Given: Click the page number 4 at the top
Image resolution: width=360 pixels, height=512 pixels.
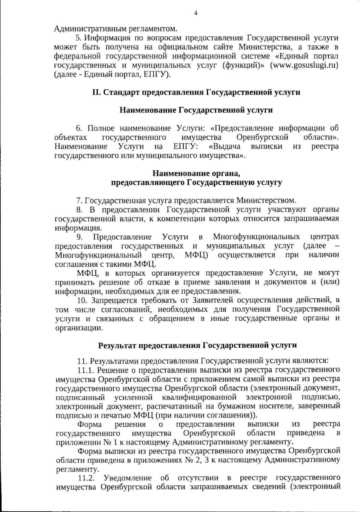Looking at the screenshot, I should pyautogui.click(x=196, y=13).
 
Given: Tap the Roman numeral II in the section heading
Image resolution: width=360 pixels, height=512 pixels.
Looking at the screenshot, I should pyautogui.click(x=96, y=92).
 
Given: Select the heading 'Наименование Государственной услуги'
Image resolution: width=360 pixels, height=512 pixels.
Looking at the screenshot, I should pyautogui.click(x=196, y=110).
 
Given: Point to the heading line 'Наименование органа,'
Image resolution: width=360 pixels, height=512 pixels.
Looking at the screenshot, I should pyautogui.click(x=196, y=173).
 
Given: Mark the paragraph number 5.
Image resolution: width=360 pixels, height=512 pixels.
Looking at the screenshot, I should pyautogui.click(x=78, y=38).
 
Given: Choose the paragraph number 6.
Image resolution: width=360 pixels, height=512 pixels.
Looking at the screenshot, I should pyautogui.click(x=79, y=128).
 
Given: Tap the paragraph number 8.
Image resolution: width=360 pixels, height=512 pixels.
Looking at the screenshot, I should pyautogui.click(x=79, y=209).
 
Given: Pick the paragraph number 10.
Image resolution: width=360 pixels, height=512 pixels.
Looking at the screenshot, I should pyautogui.click(x=81, y=300).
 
